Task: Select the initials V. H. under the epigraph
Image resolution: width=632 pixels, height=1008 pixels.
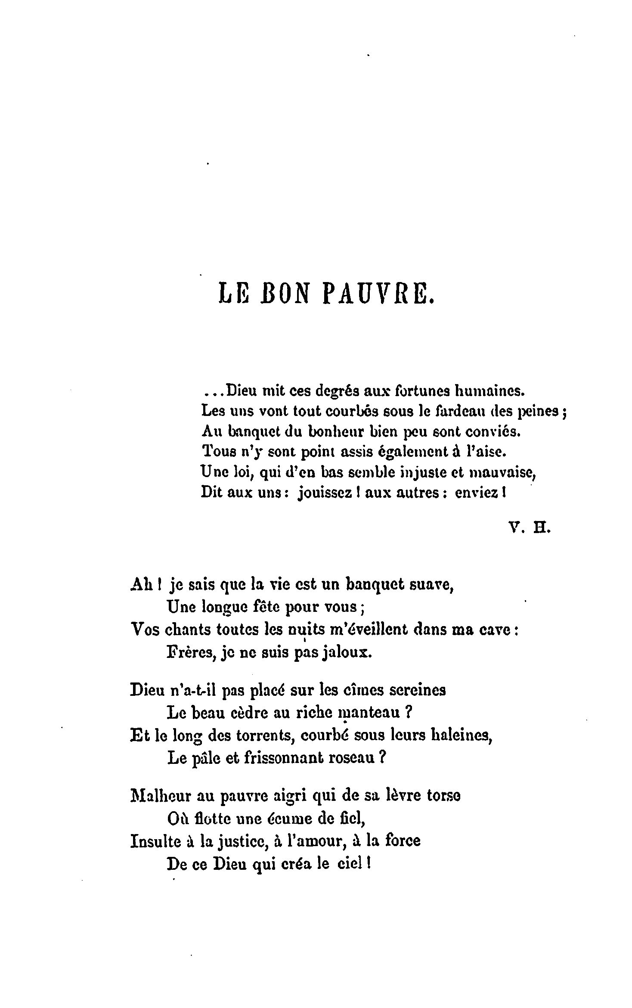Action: click(x=529, y=528)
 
